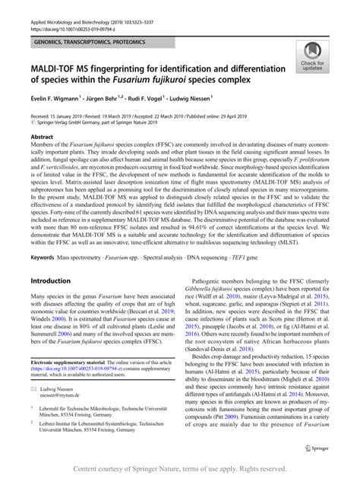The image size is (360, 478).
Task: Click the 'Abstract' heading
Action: pos(42,137)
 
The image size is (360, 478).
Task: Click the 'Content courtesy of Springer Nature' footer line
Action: pos(180,469)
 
